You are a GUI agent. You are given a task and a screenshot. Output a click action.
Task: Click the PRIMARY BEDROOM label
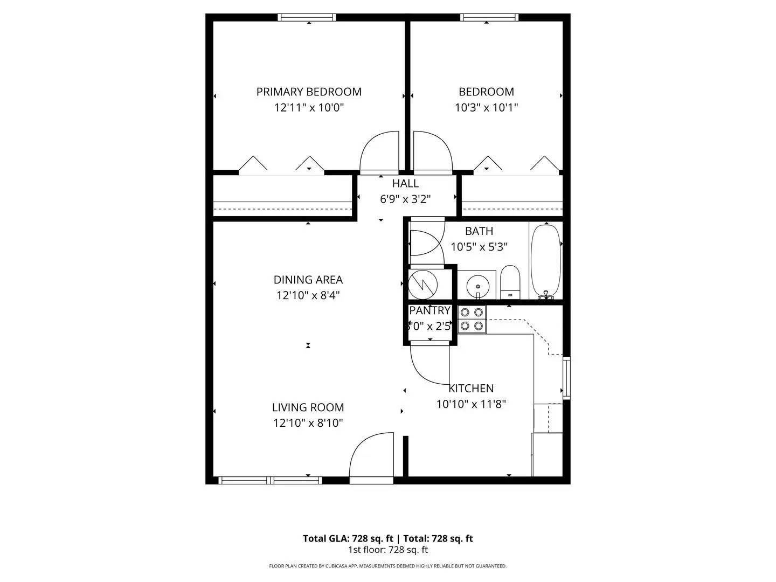(x=309, y=92)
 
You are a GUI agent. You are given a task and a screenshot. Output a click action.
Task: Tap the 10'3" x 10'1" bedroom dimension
(x=486, y=107)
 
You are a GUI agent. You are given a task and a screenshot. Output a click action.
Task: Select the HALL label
(x=405, y=183)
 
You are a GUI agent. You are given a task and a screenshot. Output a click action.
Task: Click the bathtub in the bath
(x=546, y=261)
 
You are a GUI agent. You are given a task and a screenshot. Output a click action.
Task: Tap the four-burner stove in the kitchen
(x=472, y=318)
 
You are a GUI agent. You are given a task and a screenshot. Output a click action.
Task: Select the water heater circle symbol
(x=423, y=284)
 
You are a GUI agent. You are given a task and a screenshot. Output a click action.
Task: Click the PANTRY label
(x=429, y=310)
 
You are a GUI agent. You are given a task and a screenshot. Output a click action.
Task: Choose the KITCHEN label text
(x=471, y=388)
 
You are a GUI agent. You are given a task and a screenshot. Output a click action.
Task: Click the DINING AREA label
(x=308, y=280)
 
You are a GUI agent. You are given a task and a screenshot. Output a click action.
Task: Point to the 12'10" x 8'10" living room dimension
(x=308, y=423)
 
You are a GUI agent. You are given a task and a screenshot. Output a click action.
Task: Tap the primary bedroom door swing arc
(x=379, y=152)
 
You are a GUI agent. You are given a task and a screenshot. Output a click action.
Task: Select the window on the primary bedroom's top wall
(x=307, y=17)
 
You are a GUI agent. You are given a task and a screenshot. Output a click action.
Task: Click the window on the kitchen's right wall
(x=566, y=377)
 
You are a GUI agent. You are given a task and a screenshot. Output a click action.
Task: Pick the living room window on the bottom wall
(x=271, y=480)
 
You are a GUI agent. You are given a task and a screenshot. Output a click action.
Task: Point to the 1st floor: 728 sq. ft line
(x=387, y=550)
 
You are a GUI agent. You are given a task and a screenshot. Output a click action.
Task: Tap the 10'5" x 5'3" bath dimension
(x=479, y=247)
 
